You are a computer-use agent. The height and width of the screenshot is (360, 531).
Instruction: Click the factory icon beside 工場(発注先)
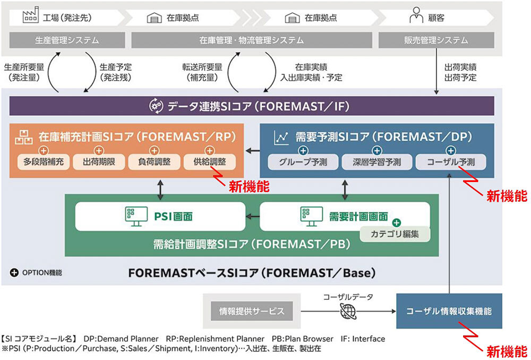pos(31,17)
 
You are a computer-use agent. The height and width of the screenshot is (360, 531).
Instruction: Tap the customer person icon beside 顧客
pos(416,17)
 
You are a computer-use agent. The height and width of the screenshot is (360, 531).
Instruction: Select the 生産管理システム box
pos(67,40)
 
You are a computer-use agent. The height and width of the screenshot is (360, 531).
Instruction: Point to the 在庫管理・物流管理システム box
pos(252,40)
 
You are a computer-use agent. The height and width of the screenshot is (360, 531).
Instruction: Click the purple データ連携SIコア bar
pos(252,106)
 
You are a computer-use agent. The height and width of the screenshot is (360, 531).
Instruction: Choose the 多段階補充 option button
pos(44,162)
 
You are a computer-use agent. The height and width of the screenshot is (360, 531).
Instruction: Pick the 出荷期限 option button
pos(99,162)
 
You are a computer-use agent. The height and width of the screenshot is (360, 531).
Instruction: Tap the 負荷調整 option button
pos(154,162)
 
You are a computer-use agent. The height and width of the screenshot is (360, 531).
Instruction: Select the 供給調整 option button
pos(209,162)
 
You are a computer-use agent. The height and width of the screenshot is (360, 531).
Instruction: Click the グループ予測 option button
pos(302,162)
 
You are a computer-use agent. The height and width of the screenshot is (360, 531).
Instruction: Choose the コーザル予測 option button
pos(450,162)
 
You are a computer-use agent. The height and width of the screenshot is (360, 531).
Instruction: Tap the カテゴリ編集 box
pos(395,233)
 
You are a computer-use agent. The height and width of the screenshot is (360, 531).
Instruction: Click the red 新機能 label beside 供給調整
pos(249,186)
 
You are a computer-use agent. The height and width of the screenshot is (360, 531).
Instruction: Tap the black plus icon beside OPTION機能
pos(14,273)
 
